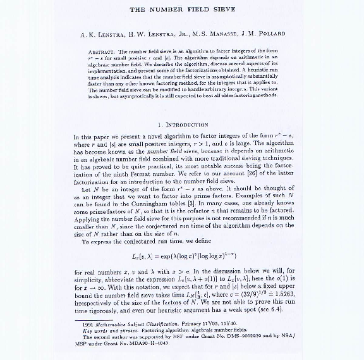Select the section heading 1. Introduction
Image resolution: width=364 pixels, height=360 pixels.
[x=182, y=125]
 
